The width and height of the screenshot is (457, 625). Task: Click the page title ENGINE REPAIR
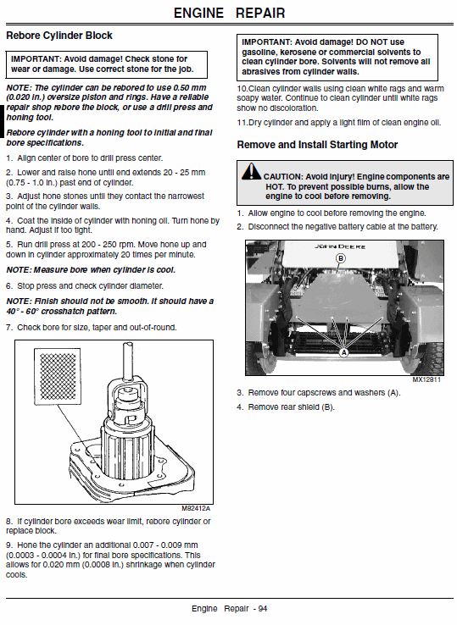[229, 13]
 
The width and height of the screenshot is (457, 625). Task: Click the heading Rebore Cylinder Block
[59, 36]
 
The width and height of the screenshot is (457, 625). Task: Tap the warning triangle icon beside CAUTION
[251, 173]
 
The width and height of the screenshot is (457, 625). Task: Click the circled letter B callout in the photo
[341, 257]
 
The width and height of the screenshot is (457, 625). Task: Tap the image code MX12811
[429, 380]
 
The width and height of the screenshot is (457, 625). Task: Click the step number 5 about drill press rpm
[8, 243]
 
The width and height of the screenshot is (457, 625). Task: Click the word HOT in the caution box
[273, 185]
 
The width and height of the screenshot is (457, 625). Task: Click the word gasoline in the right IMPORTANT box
[263, 52]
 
